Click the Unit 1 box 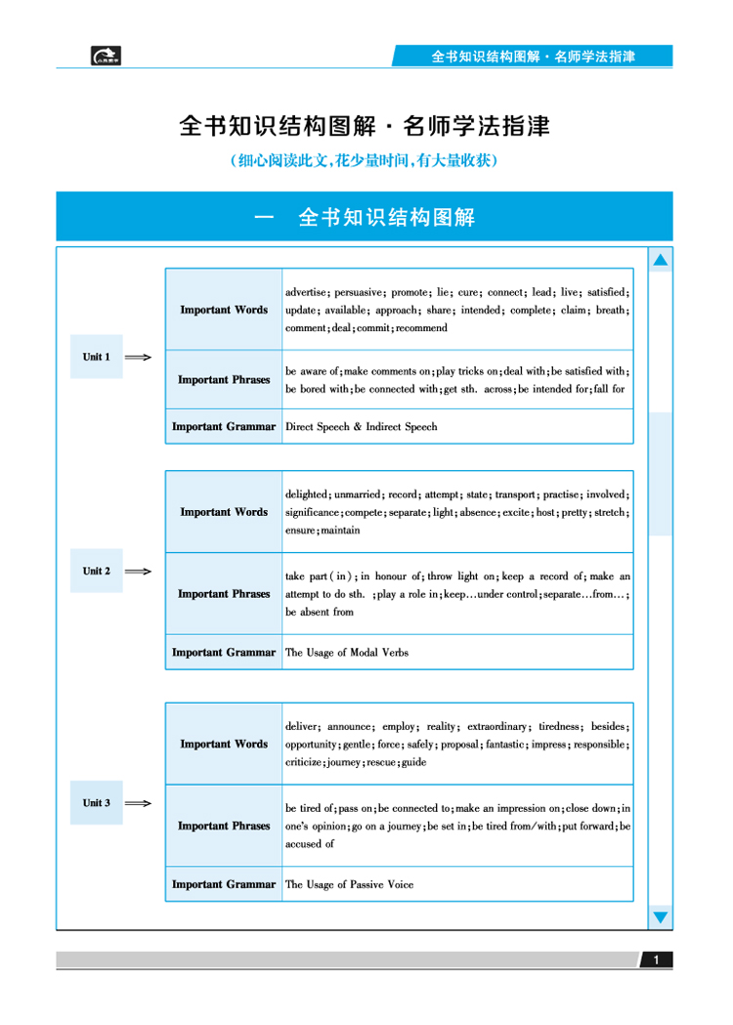(x=96, y=357)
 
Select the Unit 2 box (x=96, y=572)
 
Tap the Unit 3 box (x=96, y=803)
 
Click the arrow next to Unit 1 (x=139, y=358)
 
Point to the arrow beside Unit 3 (x=139, y=804)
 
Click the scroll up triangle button (x=661, y=260)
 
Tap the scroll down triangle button (x=661, y=918)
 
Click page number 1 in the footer (x=657, y=961)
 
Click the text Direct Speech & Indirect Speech (x=361, y=427)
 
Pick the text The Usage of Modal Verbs (x=347, y=653)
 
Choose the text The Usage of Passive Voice (x=349, y=884)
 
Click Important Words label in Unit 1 (x=224, y=310)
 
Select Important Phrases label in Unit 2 (x=224, y=594)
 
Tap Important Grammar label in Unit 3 (x=224, y=884)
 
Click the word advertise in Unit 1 (x=306, y=292)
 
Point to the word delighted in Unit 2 (x=306, y=494)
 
